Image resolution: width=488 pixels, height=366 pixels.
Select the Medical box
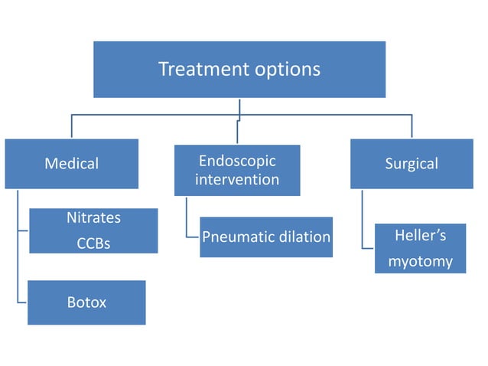pos(71,163)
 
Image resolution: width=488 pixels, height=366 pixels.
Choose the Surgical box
pos(412,163)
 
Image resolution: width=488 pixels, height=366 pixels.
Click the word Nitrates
pos(93,217)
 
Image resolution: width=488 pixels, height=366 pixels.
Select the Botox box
pos(86,302)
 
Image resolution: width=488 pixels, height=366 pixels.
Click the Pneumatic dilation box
pos(265,237)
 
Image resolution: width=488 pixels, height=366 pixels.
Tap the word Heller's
pos(420,235)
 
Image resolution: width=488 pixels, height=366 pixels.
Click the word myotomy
pos(420,262)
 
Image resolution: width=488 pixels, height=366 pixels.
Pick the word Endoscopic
pos(237,161)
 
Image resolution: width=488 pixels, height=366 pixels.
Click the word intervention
pos(237,180)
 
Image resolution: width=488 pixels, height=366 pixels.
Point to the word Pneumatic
pos(236,237)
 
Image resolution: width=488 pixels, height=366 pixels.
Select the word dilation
pos(304,237)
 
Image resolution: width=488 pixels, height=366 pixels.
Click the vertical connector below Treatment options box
pos(239,108)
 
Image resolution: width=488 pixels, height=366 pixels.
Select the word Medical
pos(71,163)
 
